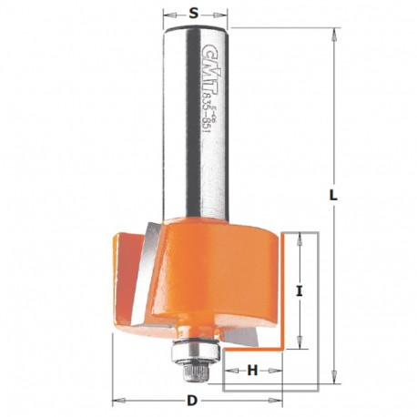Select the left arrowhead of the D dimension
117,401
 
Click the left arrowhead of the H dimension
227,370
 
